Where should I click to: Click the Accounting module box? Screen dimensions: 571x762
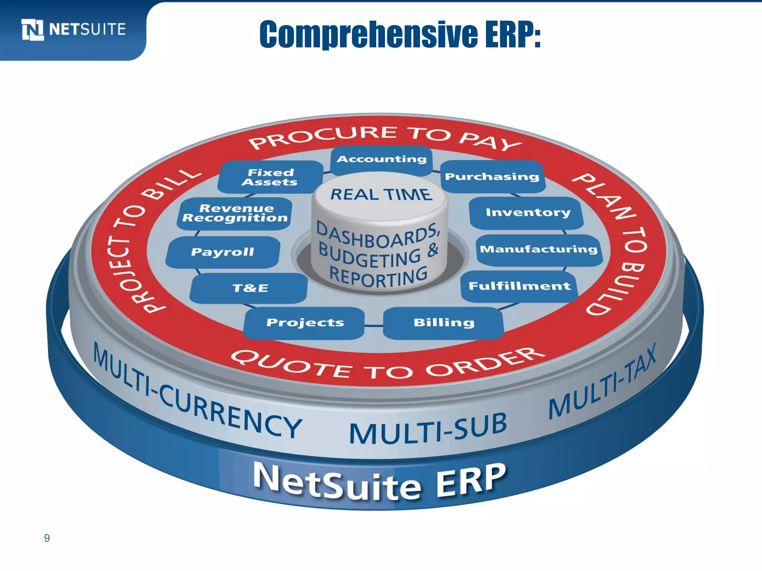click(x=381, y=160)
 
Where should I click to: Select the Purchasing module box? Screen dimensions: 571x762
click(x=492, y=177)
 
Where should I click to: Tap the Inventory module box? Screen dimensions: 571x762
click(x=527, y=213)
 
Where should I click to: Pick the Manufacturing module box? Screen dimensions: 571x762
click(x=538, y=249)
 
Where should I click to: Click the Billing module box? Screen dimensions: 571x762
click(x=444, y=323)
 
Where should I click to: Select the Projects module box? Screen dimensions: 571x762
click(x=305, y=323)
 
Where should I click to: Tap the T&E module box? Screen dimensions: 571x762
click(x=250, y=288)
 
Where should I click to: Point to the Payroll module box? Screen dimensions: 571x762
click(x=222, y=252)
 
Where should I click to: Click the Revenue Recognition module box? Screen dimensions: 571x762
click(x=235, y=213)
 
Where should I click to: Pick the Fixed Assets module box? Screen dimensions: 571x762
click(x=270, y=177)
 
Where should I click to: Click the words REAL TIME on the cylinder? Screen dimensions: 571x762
click(x=381, y=194)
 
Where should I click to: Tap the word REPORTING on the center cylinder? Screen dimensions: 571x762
click(x=378, y=277)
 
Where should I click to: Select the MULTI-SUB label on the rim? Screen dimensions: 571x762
click(x=428, y=429)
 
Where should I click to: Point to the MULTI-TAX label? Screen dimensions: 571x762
click(x=603, y=383)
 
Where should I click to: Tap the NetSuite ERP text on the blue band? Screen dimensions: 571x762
click(x=380, y=481)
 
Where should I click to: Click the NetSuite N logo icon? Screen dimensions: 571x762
click(x=33, y=29)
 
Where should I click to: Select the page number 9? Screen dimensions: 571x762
click(x=47, y=538)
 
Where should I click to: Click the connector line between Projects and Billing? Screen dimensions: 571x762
click(x=374, y=326)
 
